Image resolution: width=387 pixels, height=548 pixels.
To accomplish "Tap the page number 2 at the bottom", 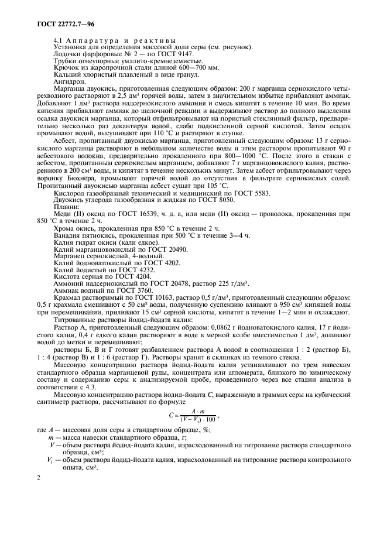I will (x=38, y=478).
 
